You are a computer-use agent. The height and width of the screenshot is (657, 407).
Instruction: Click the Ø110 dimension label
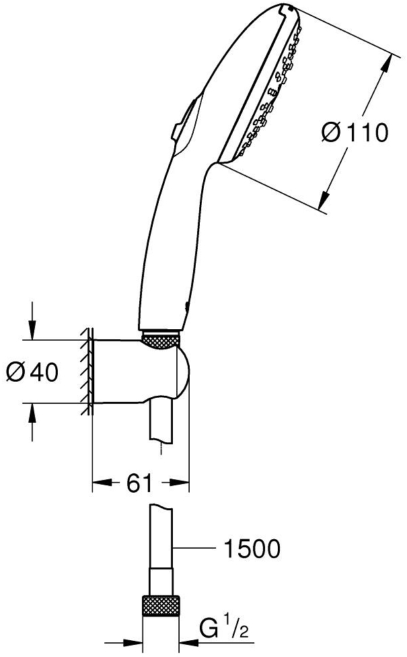pyautogui.click(x=355, y=133)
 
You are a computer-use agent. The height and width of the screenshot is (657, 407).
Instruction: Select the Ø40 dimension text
pyautogui.click(x=32, y=370)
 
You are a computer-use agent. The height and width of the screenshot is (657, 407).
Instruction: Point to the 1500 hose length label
pyautogui.click(x=252, y=550)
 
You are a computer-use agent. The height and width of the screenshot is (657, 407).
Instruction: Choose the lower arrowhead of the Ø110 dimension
pyautogui.click(x=324, y=199)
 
